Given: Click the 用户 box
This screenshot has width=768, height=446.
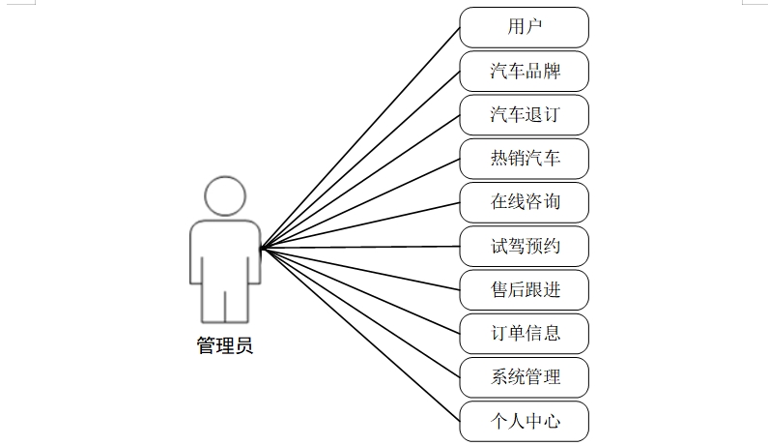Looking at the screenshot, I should click(x=524, y=27).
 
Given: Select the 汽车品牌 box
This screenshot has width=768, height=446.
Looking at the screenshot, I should click(x=524, y=72).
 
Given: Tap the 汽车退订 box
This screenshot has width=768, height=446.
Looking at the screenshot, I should click(x=524, y=115).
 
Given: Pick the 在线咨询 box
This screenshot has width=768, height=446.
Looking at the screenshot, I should click(x=524, y=202).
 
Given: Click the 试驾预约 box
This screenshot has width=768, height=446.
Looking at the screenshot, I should click(x=524, y=246).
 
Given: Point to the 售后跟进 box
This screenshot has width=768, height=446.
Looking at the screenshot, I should click(x=524, y=289).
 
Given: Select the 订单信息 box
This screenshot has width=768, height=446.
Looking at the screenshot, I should click(x=524, y=334).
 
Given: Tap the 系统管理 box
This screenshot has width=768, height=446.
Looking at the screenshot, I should click(x=524, y=377).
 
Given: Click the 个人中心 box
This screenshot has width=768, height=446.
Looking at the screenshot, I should click(x=524, y=421).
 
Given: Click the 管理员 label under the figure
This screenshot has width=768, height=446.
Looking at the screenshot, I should click(x=225, y=345).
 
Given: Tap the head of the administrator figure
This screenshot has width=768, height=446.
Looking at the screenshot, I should click(x=225, y=196).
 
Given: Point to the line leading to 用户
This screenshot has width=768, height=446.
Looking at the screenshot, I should click(x=360, y=138).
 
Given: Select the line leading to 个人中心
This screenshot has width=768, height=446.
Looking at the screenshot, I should click(x=360, y=334).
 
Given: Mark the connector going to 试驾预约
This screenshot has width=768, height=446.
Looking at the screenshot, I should click(x=360, y=248).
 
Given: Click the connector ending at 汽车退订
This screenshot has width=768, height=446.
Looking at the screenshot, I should click(x=360, y=182).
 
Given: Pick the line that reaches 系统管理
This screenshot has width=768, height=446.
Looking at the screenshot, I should click(x=360, y=312).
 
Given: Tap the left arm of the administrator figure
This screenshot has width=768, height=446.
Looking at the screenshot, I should click(x=197, y=256).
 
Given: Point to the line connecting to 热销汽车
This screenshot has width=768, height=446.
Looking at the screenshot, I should click(x=360, y=204).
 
